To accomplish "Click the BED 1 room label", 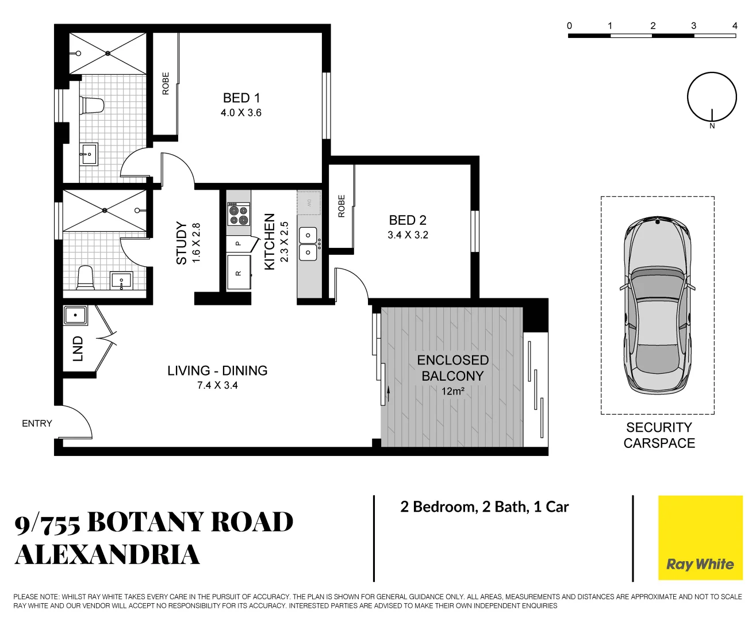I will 241,98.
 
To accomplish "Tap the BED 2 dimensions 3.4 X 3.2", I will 408,235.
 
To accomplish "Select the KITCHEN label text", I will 269,241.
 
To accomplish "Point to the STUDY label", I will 182,243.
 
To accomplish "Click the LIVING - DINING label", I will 217,371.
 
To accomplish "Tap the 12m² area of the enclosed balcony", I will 452,392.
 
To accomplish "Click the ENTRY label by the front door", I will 37,424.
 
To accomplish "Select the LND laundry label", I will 78,349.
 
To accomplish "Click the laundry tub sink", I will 75,316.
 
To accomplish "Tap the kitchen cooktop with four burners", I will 238,214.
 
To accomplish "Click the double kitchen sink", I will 308,244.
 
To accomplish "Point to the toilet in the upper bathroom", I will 92,105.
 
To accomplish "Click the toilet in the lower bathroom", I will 85,277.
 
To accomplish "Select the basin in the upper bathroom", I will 89,154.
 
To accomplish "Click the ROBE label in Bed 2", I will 341,206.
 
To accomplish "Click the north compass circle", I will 712,97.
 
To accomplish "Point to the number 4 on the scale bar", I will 735,26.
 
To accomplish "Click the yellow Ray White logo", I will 700,538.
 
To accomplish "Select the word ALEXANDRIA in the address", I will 108,555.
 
